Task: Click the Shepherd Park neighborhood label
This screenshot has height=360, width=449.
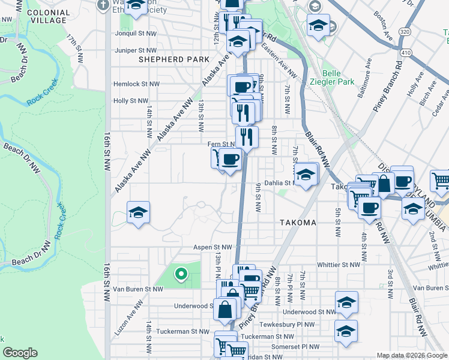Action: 174,59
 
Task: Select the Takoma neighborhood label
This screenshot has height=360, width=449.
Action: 298,223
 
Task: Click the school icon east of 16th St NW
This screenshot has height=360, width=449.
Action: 139,212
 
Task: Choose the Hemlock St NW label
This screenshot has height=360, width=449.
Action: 134,85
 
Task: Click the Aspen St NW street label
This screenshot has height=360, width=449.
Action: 212,247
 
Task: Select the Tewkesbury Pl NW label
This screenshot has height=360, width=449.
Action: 294,325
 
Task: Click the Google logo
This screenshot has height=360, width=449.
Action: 20,353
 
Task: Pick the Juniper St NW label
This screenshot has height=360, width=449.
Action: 136,50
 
